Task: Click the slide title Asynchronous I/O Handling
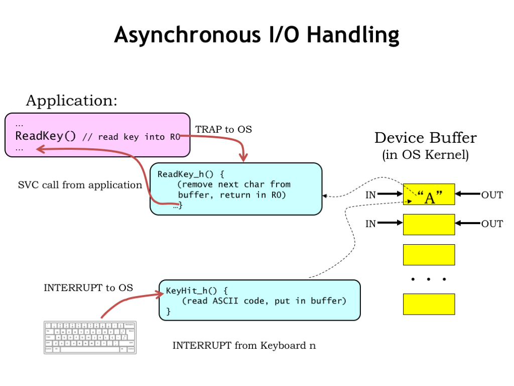click(256, 35)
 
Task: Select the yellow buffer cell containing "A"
click(429, 195)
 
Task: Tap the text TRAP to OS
click(223, 130)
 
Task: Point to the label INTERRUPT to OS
click(88, 288)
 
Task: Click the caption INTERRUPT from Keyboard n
click(244, 346)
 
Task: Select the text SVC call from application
click(80, 185)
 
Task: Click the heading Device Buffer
click(425, 138)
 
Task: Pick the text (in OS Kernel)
click(425, 155)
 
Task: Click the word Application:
click(71, 101)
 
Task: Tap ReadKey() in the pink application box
click(46, 136)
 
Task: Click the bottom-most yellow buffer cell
click(429, 304)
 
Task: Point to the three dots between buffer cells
click(429, 279)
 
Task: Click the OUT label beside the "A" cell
click(491, 195)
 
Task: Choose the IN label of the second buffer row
click(370, 224)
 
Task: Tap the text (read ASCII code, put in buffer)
click(264, 301)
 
